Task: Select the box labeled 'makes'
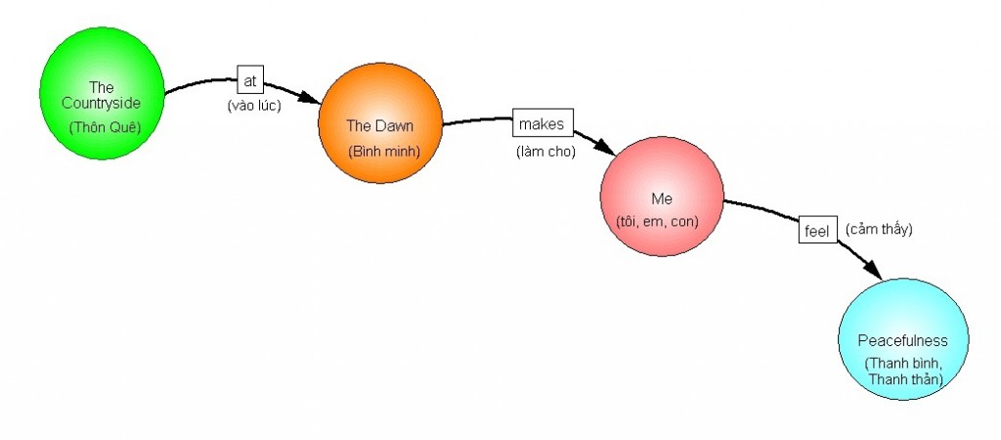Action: click(543, 125)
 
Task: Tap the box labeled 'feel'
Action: click(817, 230)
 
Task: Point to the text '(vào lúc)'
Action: click(254, 106)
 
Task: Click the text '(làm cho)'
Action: click(545, 152)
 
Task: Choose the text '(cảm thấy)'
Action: click(879, 229)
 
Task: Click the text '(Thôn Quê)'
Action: click(101, 128)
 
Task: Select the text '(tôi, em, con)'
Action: click(658, 222)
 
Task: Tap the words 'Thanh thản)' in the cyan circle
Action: click(904, 379)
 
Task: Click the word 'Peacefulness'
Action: click(902, 340)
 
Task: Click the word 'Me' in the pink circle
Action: click(662, 198)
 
